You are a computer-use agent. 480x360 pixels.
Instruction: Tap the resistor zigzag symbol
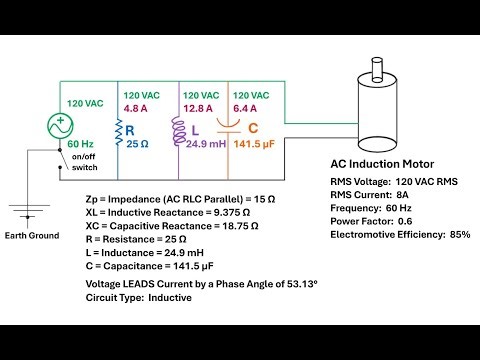(119, 130)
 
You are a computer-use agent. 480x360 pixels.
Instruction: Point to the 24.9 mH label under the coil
(203, 144)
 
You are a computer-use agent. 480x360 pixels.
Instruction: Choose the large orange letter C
(253, 127)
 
